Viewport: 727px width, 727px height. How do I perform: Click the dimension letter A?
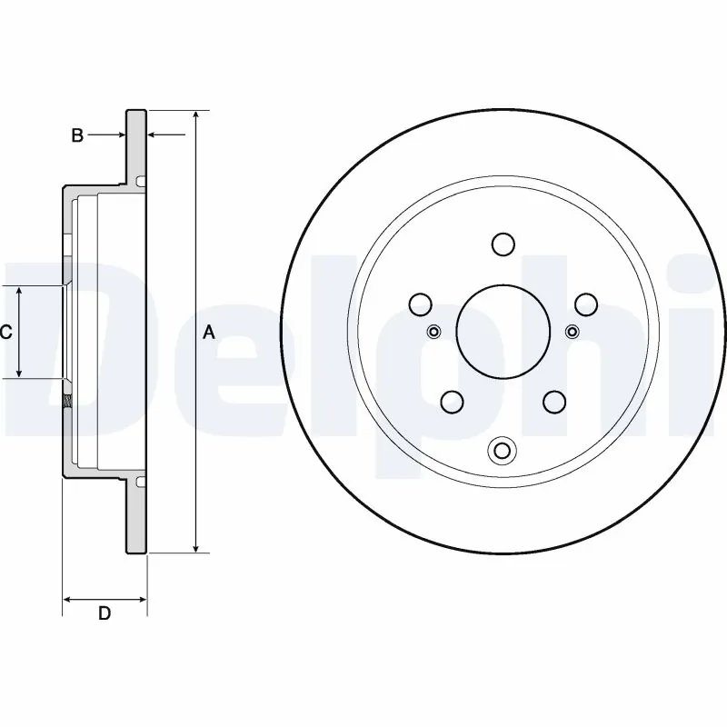pyautogui.click(x=208, y=333)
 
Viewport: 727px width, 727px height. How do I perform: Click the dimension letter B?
pyautogui.click(x=78, y=135)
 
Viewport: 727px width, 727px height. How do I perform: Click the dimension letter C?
pyautogui.click(x=5, y=333)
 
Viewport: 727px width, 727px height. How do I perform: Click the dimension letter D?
pyautogui.click(x=105, y=614)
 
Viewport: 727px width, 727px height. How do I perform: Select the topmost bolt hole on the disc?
pyautogui.click(x=502, y=244)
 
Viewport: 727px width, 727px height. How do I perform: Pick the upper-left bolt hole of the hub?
pyautogui.click(x=419, y=303)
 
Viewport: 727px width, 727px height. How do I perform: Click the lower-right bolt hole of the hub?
pyautogui.click(x=553, y=401)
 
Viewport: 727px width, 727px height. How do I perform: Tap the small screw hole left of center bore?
pyautogui.click(x=433, y=331)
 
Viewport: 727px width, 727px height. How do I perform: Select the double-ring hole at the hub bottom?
pyautogui.click(x=502, y=450)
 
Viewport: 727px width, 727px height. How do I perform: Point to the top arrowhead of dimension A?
pyautogui.click(x=195, y=117)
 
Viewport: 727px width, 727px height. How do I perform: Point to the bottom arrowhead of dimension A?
pyautogui.click(x=195, y=546)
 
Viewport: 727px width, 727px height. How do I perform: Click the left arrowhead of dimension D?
pyautogui.click(x=67, y=599)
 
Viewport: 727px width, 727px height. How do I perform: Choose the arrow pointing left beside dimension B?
pyautogui.click(x=154, y=135)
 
